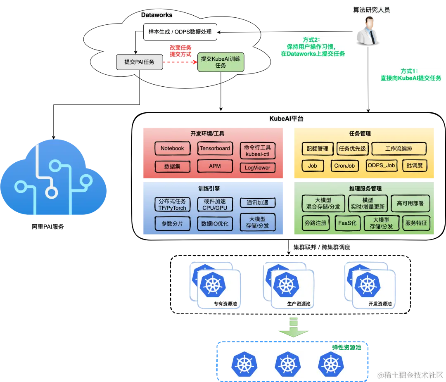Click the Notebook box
pos(172,149)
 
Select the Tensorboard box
pos(215,149)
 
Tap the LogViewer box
pos(257,168)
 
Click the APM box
pos(215,166)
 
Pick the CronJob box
pos(344,166)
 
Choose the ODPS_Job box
pos(381,166)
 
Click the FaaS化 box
pos(348,223)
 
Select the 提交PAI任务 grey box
pos(139,62)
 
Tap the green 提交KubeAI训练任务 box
pos(221,62)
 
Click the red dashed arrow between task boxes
pos(180,62)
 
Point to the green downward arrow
pos(293,327)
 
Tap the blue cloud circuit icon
pos(54,178)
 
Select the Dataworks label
pos(157,15)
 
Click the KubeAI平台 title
pos(286,119)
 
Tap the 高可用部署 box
pos(410,204)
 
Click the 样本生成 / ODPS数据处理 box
pos(180,32)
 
